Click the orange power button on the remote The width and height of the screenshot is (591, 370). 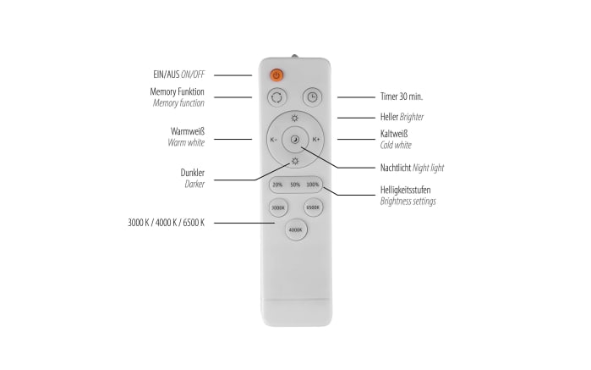coord(276,75)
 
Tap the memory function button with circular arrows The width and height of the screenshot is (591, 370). coord(276,97)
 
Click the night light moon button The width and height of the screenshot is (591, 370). coord(295,140)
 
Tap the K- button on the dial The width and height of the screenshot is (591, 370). coord(274,140)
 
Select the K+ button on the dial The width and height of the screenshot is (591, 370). coord(316,140)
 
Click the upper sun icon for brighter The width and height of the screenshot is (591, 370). coord(295,119)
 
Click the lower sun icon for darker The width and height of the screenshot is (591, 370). coord(295,161)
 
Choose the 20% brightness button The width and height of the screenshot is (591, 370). coord(277,185)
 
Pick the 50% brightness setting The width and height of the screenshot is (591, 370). coord(295,185)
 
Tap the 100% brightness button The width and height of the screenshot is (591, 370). coord(313,185)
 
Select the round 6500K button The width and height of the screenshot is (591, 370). coord(313,207)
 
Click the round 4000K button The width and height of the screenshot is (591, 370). coord(296,229)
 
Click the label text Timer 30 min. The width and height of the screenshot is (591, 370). coord(402,97)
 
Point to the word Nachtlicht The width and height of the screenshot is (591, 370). coord(396,168)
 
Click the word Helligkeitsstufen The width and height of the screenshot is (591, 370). coord(405,190)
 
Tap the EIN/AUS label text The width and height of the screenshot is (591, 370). coord(167,75)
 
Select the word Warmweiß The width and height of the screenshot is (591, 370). coord(188,131)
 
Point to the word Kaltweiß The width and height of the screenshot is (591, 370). coord(394,134)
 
